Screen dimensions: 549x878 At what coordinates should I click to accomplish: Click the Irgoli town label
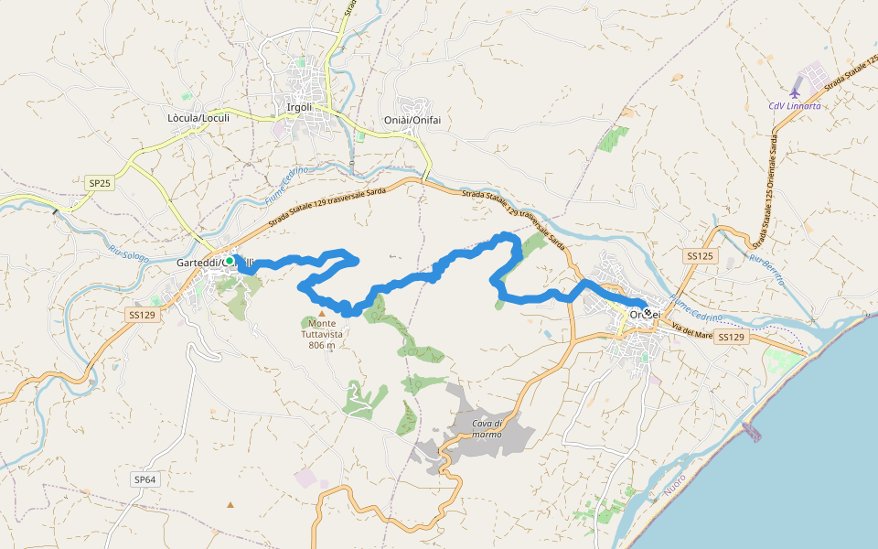point(299,107)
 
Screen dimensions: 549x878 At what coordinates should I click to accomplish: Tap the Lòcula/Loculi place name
point(198,118)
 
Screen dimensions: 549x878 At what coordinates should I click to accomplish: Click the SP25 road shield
point(100,184)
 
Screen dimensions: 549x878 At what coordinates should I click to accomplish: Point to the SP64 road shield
point(145,479)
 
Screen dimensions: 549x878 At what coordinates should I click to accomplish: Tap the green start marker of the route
point(230,261)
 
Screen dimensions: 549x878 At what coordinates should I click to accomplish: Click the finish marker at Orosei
point(648,312)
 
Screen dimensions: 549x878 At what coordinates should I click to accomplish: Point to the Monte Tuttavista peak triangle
point(322,313)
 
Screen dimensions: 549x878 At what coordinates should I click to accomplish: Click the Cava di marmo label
point(487,428)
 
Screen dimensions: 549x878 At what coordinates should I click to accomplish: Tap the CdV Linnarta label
point(794,106)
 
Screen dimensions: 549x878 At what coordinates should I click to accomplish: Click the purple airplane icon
point(795,92)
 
